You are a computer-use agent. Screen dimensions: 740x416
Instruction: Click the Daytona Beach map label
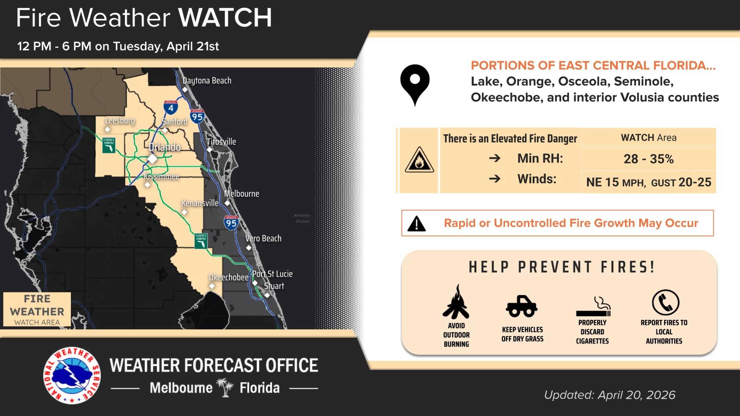tap(207, 81)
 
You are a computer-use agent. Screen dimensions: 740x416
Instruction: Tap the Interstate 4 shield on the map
tap(171, 107)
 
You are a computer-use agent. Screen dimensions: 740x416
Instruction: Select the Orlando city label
tap(164, 147)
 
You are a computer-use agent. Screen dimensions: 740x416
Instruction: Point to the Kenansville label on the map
tap(200, 203)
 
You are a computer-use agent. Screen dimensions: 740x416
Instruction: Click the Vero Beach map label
tap(263, 238)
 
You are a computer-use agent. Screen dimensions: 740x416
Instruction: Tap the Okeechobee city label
tap(228, 277)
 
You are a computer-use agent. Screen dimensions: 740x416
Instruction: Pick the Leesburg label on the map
tap(120, 120)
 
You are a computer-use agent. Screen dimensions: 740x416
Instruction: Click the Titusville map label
tap(221, 142)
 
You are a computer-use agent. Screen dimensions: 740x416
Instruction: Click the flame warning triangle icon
tap(419, 161)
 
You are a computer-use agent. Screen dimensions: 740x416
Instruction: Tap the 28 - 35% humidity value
tap(648, 159)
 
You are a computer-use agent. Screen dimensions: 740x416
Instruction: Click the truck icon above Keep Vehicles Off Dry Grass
tap(522, 306)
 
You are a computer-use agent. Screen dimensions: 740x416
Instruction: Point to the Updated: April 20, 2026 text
tap(610, 395)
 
